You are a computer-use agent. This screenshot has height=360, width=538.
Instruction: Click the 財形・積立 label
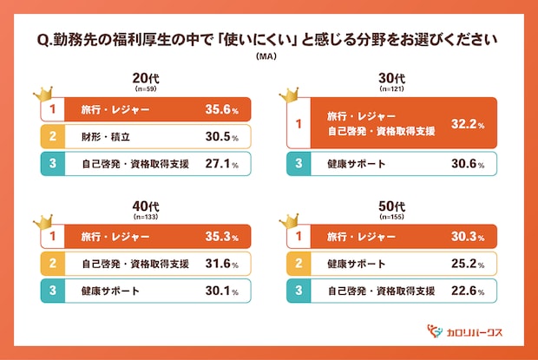102,136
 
